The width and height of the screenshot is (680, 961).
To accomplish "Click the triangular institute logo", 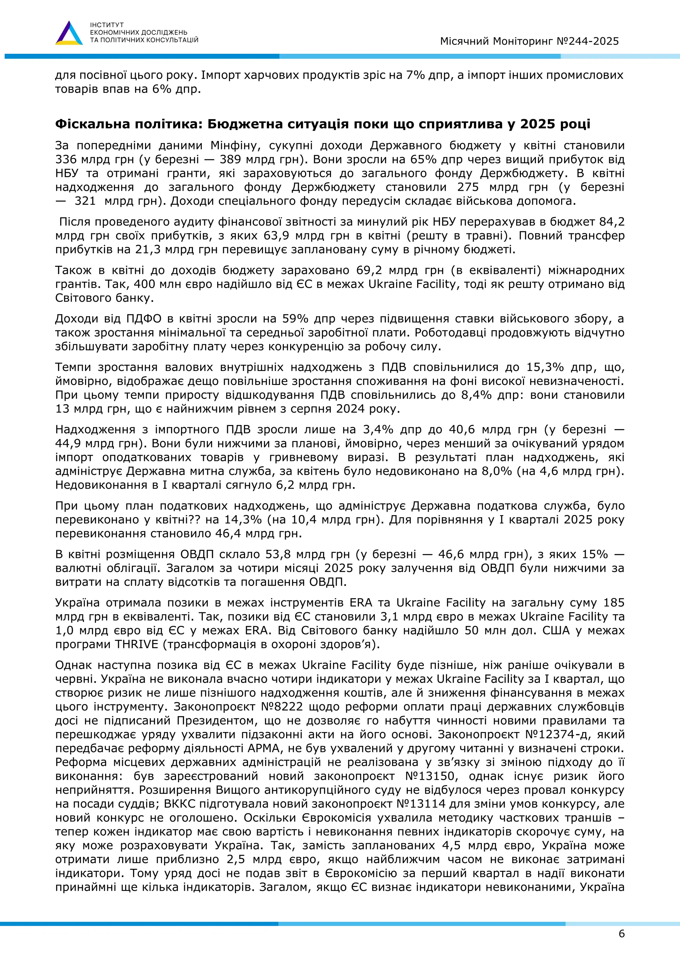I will pyautogui.click(x=69, y=34).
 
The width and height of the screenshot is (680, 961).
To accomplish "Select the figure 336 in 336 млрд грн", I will pyautogui.click(x=66, y=160).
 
